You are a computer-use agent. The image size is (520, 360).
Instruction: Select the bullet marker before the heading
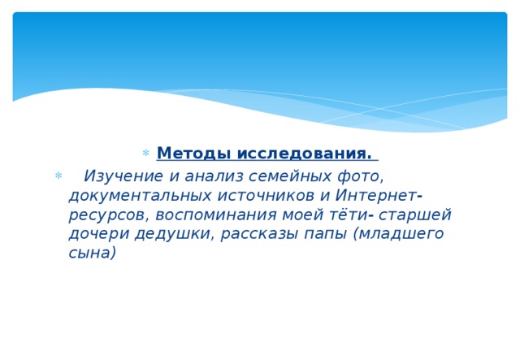click(x=145, y=154)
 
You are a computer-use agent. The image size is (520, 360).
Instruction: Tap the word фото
click(x=358, y=176)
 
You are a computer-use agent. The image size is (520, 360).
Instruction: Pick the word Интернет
click(x=374, y=196)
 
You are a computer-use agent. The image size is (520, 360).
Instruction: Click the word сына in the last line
click(x=93, y=253)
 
